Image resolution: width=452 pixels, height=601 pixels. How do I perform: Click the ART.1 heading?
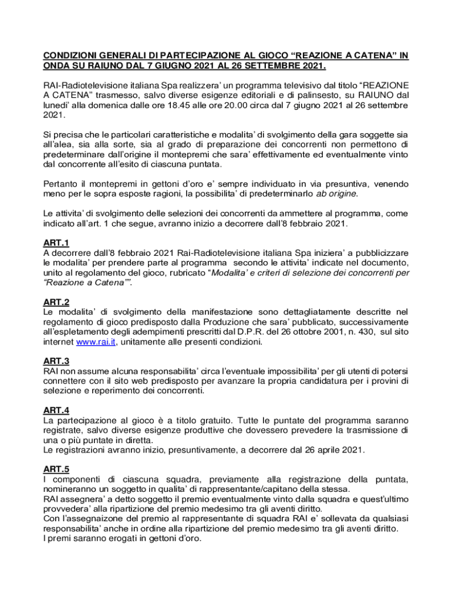(56, 242)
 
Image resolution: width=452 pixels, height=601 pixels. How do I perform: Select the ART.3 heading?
(56, 361)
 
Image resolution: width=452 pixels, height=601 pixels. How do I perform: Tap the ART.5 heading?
(56, 469)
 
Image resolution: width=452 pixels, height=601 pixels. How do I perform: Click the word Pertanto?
(62, 184)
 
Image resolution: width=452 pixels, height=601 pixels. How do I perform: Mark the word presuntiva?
(327, 184)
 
